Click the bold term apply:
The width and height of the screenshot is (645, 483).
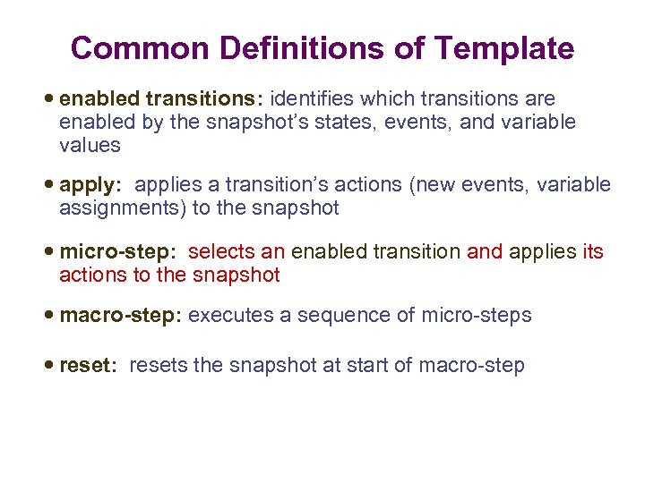pyautogui.click(x=89, y=185)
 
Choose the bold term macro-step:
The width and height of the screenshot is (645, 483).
pyautogui.click(x=121, y=316)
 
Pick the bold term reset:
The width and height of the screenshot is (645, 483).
pyautogui.click(x=88, y=366)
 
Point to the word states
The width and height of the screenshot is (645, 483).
pyautogui.click(x=352, y=122)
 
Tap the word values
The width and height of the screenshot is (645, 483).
pyautogui.click(x=90, y=145)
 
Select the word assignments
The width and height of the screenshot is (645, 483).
pyautogui.click(x=114, y=208)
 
